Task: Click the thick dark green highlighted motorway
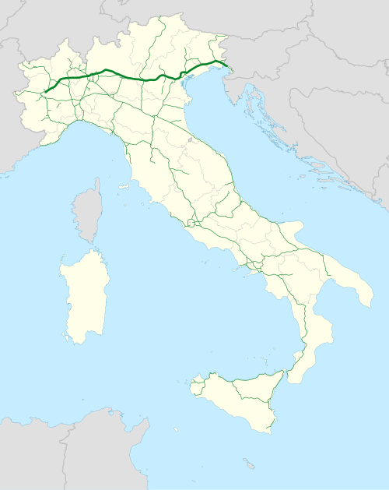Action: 124,76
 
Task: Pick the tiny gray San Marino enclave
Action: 189,141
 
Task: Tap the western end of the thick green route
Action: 46,92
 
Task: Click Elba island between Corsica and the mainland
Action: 123,187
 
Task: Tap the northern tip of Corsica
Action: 96,180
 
